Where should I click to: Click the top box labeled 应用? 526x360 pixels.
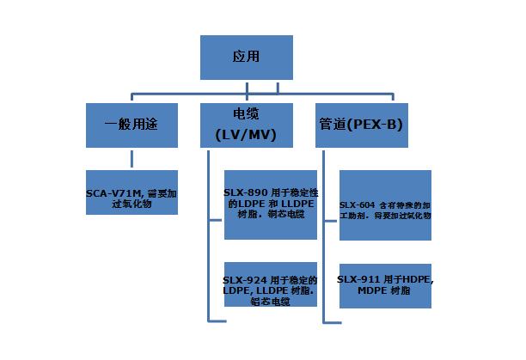coord(247,58)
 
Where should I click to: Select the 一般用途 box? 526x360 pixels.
coord(131,125)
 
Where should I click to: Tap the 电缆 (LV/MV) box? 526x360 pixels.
coord(246,125)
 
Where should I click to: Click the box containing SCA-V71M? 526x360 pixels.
coord(131,191)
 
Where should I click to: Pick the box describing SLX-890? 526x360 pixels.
coord(270,204)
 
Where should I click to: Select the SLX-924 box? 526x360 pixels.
coord(270,289)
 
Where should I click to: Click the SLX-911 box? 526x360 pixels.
coord(384,285)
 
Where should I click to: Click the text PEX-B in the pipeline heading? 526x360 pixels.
coord(379,125)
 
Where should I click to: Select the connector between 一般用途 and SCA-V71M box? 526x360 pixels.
coord(131,157)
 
